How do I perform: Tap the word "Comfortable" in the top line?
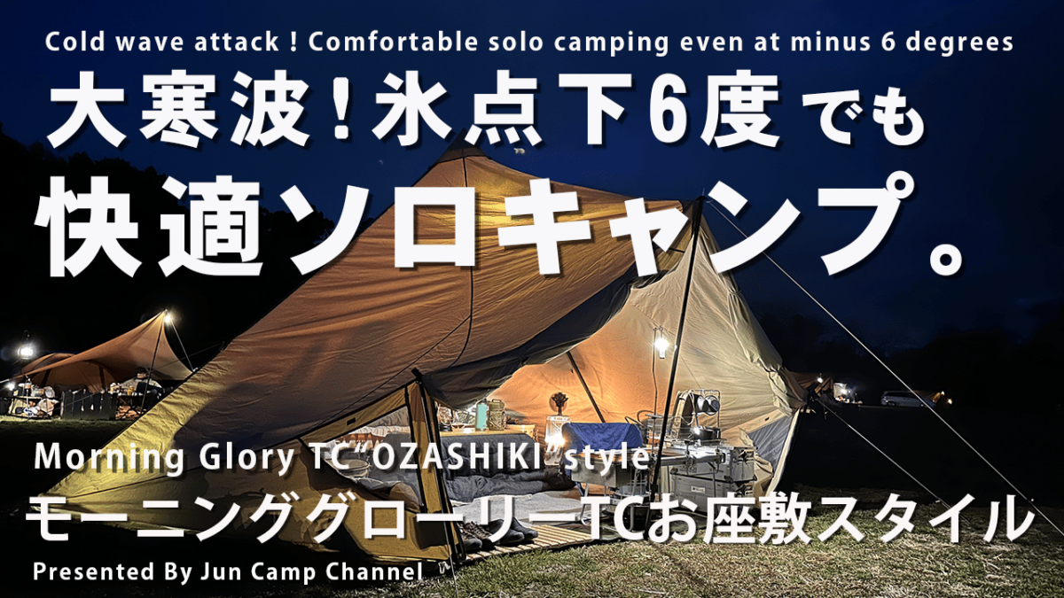[392, 42]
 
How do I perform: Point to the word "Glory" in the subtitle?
[246, 458]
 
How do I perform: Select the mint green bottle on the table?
[481, 415]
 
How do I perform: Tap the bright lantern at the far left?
[25, 351]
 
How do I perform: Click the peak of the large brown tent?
[457, 139]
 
